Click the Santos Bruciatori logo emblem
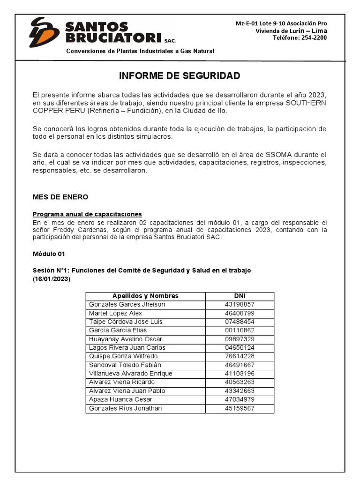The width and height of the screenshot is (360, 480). [x=44, y=32]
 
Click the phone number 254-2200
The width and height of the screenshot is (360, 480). [x=314, y=38]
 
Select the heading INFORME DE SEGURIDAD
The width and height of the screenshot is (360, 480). [x=180, y=76]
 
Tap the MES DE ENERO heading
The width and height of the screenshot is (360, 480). [x=60, y=197]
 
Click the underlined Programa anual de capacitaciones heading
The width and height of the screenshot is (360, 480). [x=87, y=214]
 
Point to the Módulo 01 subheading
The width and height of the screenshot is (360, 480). [x=48, y=254]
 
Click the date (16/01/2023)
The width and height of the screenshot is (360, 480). [x=51, y=279]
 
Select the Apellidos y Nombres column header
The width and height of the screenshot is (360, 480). [x=145, y=296]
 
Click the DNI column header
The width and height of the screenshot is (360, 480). [x=240, y=296]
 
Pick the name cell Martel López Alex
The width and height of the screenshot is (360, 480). [x=115, y=313]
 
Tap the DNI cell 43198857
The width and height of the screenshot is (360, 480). [x=240, y=305]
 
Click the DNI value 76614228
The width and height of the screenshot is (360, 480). [x=240, y=356]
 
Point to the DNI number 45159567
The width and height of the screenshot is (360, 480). [x=240, y=408]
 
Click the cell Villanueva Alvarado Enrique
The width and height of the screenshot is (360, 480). [x=131, y=374]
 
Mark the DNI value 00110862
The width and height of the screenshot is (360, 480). [x=240, y=330]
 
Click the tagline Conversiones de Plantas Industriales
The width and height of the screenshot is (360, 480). [x=140, y=51]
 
